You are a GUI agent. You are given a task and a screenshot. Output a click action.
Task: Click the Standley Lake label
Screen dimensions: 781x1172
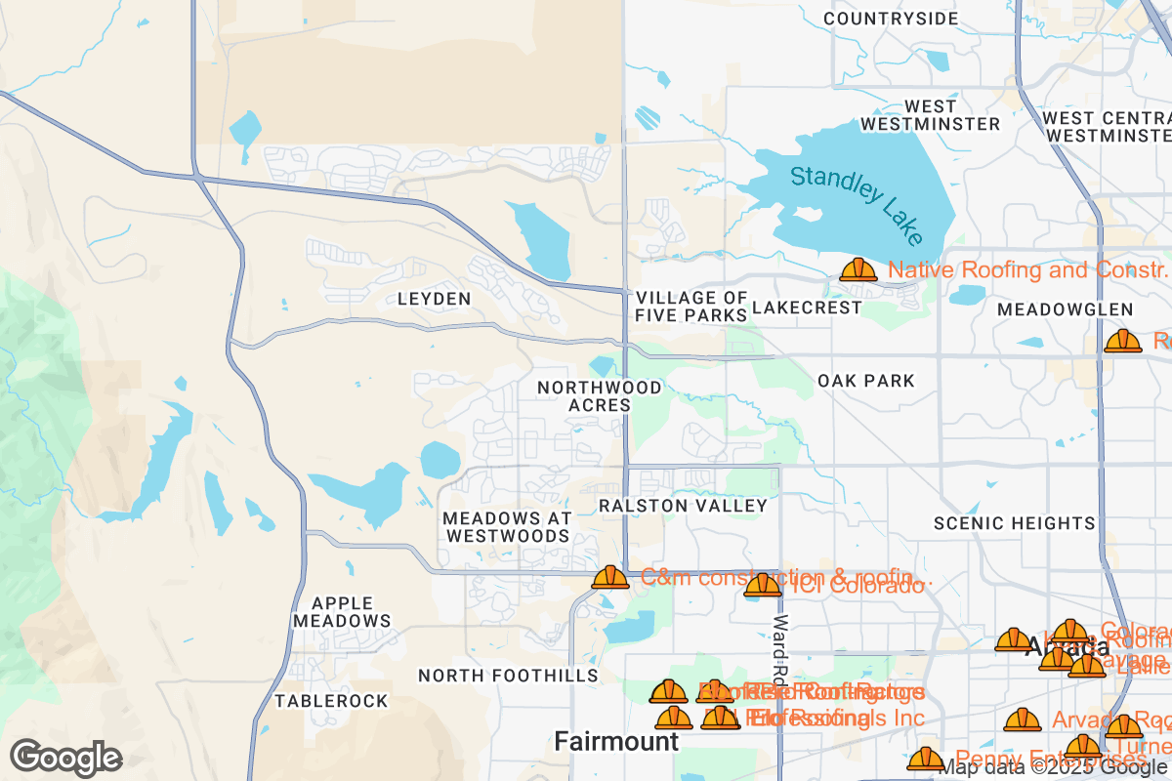point(857,204)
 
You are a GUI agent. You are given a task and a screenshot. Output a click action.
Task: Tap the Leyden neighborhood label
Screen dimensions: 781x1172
point(435,299)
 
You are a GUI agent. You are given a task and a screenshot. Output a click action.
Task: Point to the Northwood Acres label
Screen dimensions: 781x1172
point(600,396)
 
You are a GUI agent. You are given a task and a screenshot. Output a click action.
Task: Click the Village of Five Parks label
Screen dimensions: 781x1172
point(691,307)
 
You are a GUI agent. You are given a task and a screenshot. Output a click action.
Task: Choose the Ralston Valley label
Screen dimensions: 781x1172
point(684,506)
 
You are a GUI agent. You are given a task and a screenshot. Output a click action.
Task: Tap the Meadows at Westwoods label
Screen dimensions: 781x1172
point(506,526)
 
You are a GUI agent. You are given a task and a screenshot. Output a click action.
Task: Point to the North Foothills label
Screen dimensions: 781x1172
point(508,676)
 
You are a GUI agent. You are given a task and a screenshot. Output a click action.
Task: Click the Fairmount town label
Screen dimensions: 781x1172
point(616,741)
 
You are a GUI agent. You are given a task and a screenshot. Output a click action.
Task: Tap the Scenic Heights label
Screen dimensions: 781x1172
point(1015,523)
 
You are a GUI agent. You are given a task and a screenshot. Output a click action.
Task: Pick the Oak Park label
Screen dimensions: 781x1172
point(866,381)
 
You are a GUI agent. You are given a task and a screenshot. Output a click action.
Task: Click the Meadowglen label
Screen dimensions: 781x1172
point(1065,309)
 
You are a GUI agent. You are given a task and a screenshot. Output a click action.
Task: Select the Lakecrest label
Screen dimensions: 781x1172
point(808,308)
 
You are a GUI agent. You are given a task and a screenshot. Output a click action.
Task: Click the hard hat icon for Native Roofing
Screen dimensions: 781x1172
point(858,269)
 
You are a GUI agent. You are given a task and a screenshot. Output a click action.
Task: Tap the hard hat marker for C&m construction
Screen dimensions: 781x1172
point(610,577)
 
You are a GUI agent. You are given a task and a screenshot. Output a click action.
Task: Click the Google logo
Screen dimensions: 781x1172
point(66,758)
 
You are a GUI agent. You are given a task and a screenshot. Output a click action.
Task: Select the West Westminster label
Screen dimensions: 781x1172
point(931,115)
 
